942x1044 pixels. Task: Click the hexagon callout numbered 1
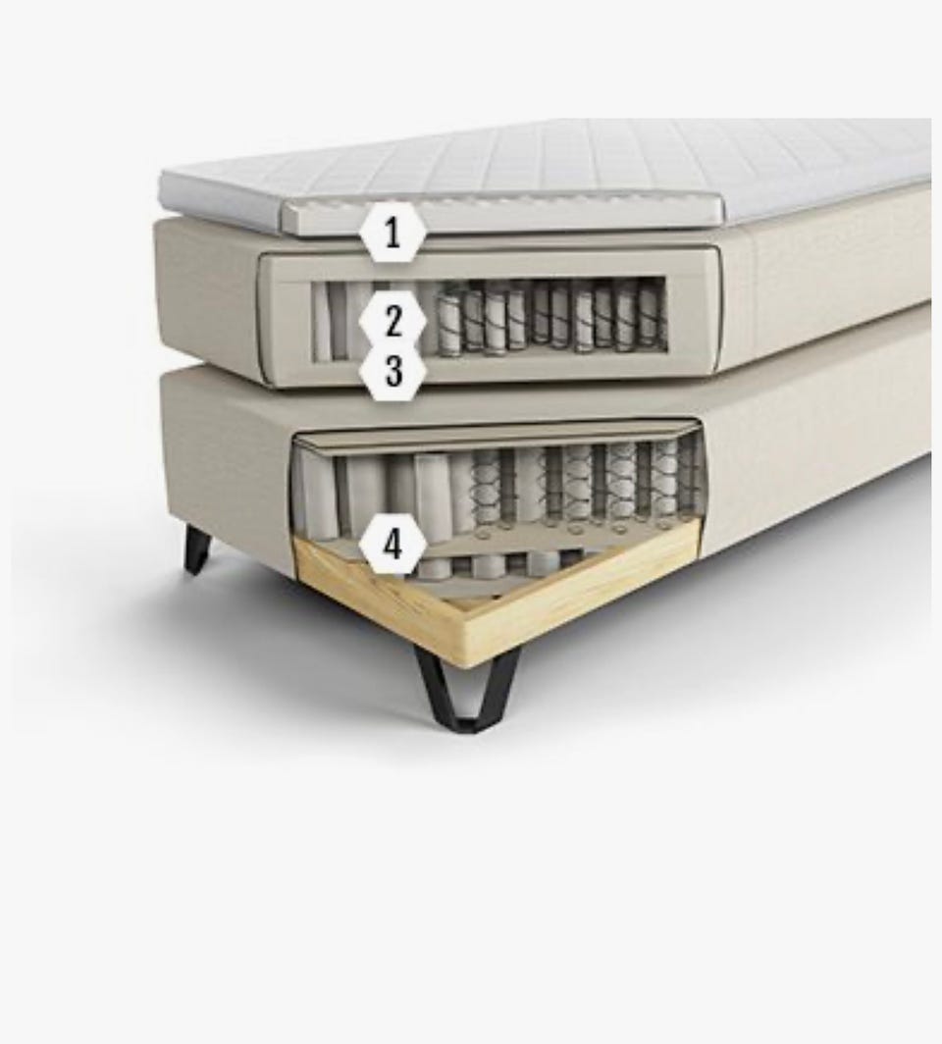(392, 233)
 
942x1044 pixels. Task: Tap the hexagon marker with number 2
(392, 321)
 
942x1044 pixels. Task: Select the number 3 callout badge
(392, 371)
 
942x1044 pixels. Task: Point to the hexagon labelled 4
(392, 544)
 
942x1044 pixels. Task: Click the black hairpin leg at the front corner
(466, 689)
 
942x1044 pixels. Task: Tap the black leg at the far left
(197, 548)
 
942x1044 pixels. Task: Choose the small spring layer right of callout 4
(506, 563)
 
